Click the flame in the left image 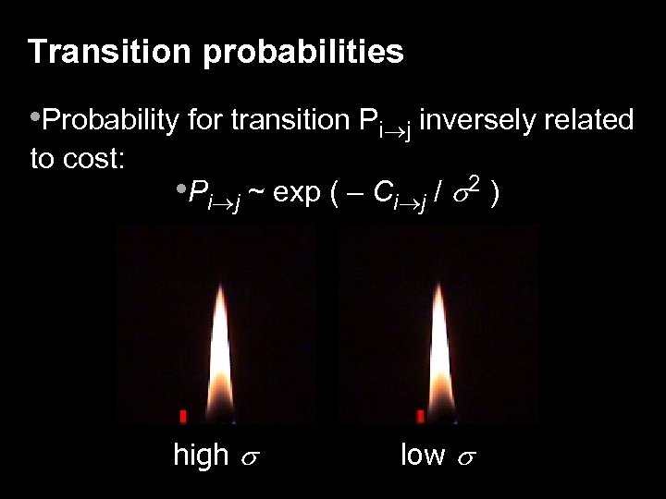pos(219,347)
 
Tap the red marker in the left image pos(183,416)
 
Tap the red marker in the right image pos(421,416)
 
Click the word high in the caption pos(201,455)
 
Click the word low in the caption pos(422,455)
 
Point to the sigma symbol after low pos(462,457)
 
